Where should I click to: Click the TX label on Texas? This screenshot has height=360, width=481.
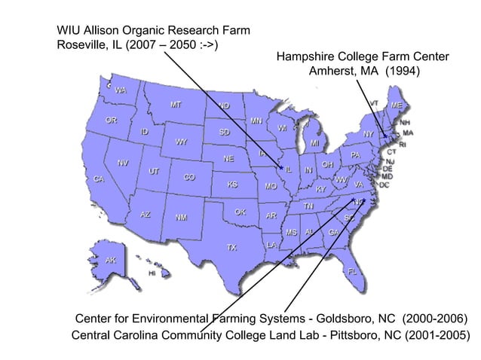232,247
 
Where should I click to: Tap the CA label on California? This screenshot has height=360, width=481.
99,179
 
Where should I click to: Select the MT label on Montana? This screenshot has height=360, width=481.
175,105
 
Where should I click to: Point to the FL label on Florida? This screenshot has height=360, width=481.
352,270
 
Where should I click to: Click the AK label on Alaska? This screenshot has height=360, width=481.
111,260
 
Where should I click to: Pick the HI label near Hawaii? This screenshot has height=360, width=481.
152,273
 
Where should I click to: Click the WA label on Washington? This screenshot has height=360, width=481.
121,90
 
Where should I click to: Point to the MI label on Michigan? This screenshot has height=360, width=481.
314,143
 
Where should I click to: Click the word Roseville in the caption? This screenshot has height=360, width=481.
83,44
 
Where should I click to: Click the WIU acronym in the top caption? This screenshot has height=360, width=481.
69,30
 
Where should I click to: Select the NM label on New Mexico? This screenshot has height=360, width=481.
182,218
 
